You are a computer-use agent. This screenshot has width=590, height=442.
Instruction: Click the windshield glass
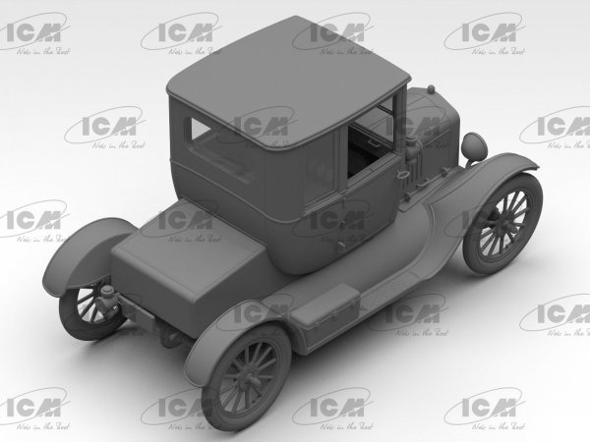[374, 123]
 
